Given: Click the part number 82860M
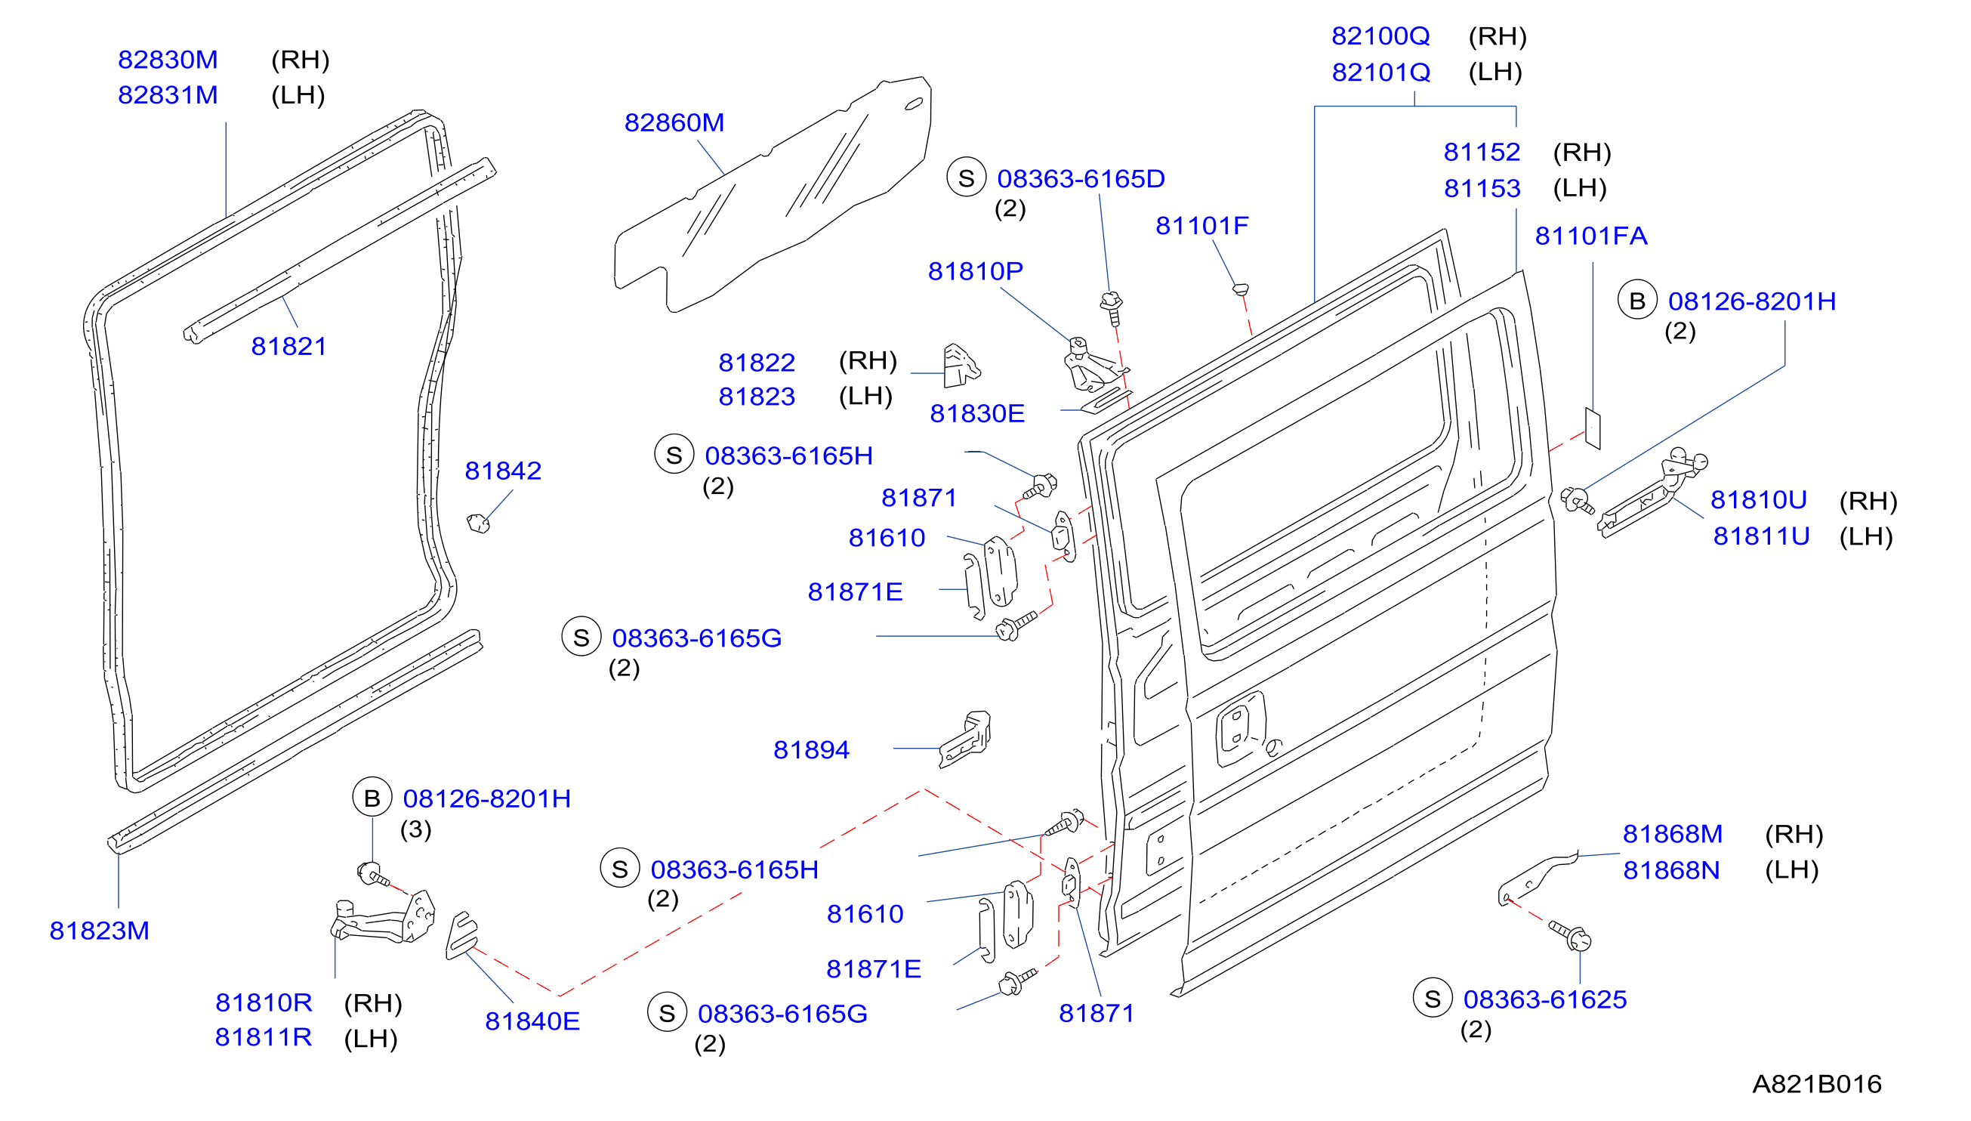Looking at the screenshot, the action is [x=674, y=122].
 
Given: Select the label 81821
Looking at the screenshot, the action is [x=288, y=347].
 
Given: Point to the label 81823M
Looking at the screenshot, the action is [x=99, y=931].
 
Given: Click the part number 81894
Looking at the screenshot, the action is [x=811, y=750].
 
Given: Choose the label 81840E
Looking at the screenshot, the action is [x=532, y=1022].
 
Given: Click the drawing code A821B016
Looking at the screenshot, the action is [x=1816, y=1084].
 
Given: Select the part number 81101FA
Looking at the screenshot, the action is [x=1591, y=236].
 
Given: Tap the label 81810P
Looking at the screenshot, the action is [x=975, y=271].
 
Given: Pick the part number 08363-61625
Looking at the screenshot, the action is [x=1544, y=999].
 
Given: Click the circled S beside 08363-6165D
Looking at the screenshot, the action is [x=967, y=178].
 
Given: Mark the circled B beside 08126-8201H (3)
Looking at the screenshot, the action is [x=372, y=798].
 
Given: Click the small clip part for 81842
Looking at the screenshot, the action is [x=479, y=523].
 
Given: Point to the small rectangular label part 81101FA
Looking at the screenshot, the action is [x=1593, y=428].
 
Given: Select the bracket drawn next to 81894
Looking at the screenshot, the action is [x=966, y=739].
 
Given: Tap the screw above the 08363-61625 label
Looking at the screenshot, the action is [x=1570, y=935].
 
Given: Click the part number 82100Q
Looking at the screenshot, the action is [x=1380, y=36].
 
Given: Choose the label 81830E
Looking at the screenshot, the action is [x=976, y=413].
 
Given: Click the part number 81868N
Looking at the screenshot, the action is [x=1671, y=870].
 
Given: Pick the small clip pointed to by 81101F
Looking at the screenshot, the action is [x=1240, y=289].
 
